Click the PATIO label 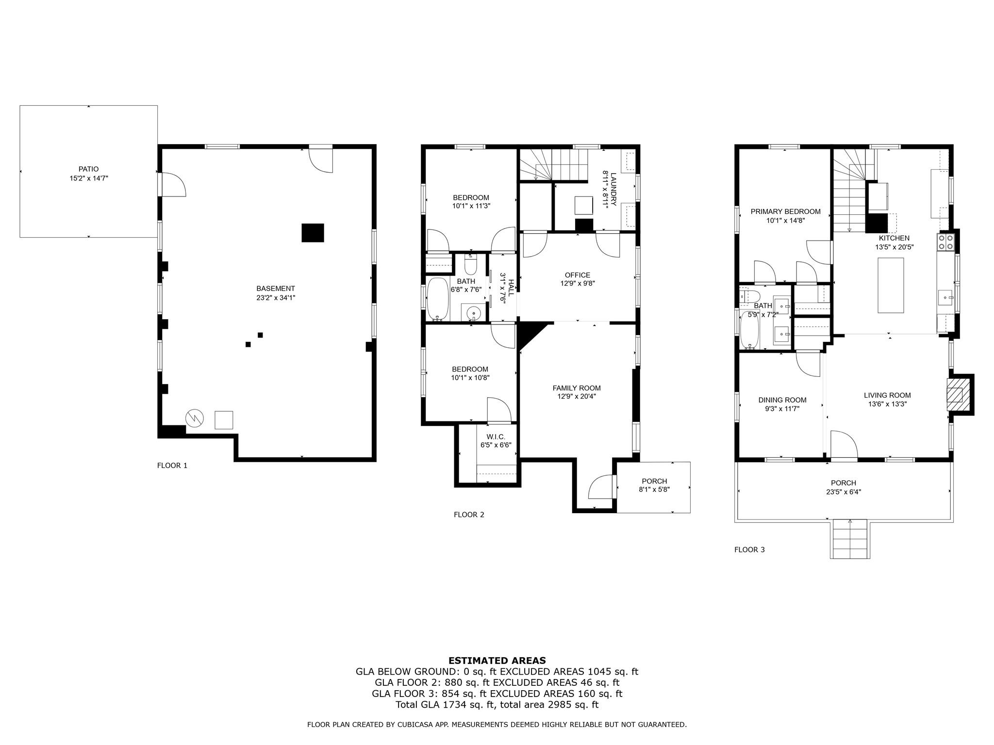(x=88, y=169)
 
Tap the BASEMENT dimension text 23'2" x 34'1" (x=276, y=298)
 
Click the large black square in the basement (x=313, y=233)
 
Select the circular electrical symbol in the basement (x=195, y=418)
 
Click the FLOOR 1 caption (x=172, y=466)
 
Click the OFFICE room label (x=578, y=275)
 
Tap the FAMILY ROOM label (x=577, y=388)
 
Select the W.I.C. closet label (x=496, y=437)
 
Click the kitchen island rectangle (x=891, y=285)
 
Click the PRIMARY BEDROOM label (x=785, y=211)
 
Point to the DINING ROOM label (x=782, y=400)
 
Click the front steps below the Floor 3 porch (x=850, y=538)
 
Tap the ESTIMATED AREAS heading (x=497, y=661)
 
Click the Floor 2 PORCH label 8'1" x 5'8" (x=654, y=486)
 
